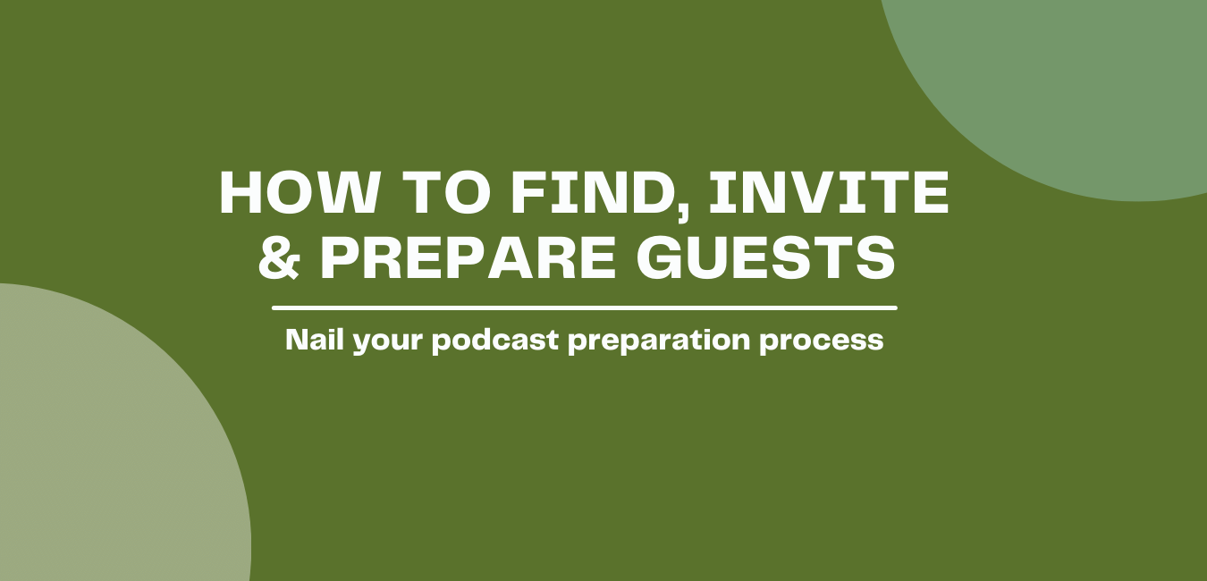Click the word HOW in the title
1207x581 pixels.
point(299,193)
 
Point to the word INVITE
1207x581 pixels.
point(829,193)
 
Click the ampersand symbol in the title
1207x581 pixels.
point(279,258)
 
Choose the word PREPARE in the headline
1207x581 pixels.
point(468,258)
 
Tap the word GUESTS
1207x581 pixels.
point(765,258)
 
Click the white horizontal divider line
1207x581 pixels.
point(584,308)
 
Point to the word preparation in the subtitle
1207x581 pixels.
point(659,341)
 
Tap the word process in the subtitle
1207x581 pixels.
point(822,343)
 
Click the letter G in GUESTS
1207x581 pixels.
point(658,258)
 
